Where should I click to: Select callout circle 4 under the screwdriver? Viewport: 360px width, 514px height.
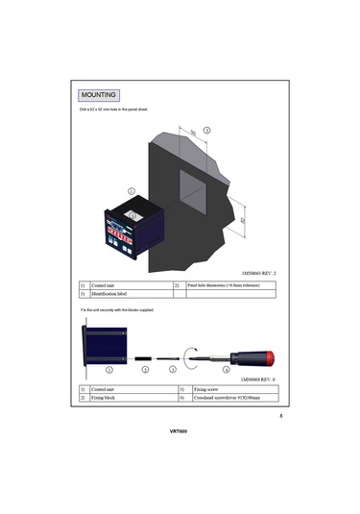(x=227, y=370)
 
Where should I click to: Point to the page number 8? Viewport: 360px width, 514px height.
(x=280, y=416)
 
